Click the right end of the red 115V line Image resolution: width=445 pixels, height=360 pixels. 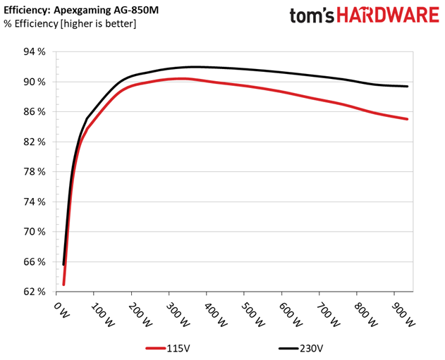[x=408, y=119]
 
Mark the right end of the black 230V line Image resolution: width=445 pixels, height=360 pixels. [x=408, y=87]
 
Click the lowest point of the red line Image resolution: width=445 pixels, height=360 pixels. [x=63, y=285]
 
